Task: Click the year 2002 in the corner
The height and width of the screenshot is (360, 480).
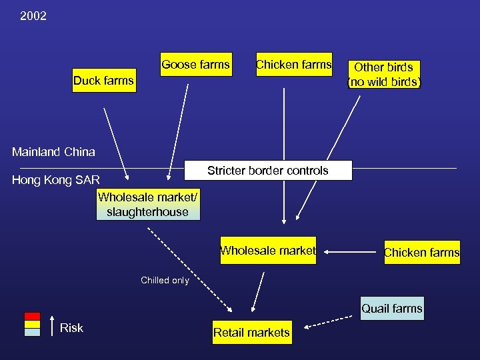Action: pyautogui.click(x=33, y=15)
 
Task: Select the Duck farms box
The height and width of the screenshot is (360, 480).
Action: pyautogui.click(x=103, y=81)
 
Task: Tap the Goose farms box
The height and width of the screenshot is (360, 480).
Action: pyautogui.click(x=195, y=65)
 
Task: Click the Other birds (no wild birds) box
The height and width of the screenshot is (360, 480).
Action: pyautogui.click(x=383, y=75)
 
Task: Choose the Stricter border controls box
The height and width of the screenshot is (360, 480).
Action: pyautogui.click(x=267, y=171)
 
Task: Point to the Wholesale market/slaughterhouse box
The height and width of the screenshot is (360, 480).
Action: pyautogui.click(x=147, y=205)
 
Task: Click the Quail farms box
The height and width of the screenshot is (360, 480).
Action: pyautogui.click(x=392, y=309)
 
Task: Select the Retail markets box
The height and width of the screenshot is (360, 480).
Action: pyautogui.click(x=251, y=332)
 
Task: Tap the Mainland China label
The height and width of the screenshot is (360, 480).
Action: pyautogui.click(x=53, y=152)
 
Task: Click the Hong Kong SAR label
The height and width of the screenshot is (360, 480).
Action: pyautogui.click(x=56, y=180)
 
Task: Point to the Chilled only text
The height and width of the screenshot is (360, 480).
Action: pyautogui.click(x=165, y=280)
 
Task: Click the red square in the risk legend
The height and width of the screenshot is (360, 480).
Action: pyautogui.click(x=32, y=317)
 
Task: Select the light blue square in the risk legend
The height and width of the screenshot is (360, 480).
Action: pyautogui.click(x=32, y=332)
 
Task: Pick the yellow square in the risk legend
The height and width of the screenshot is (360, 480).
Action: pyautogui.click(x=32, y=325)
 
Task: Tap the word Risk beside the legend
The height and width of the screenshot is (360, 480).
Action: pyautogui.click(x=71, y=327)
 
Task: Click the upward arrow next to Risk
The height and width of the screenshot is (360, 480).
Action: pyautogui.click(x=51, y=325)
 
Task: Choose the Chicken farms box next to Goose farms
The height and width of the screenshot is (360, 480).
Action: pyautogui.click(x=294, y=65)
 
